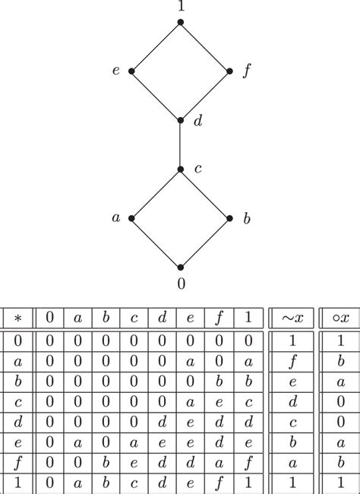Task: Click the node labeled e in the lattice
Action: [131, 71]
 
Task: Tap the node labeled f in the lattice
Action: [229, 71]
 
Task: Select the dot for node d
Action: [180, 120]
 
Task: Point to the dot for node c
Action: [180, 169]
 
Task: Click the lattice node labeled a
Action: [131, 218]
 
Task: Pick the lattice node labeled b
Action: [229, 218]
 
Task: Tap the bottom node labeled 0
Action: [180, 267]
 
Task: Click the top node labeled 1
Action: [180, 23]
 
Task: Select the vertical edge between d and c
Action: [180, 144]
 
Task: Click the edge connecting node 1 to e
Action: [156, 47]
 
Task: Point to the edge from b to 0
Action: [205, 242]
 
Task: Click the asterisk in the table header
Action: [18, 316]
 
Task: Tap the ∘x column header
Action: [339, 316]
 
